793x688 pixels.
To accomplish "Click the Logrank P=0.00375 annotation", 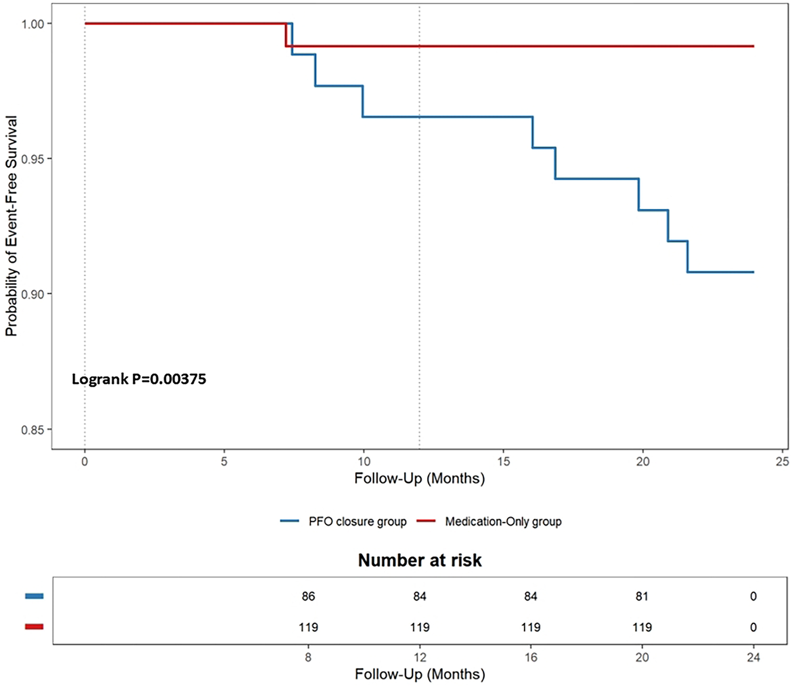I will tap(139, 379).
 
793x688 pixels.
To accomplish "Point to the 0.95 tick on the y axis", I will tap(32, 159).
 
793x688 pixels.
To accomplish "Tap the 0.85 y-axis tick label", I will tap(32, 429).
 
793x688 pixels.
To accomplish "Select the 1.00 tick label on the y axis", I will tap(32, 24).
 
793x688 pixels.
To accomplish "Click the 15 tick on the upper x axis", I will tap(503, 461).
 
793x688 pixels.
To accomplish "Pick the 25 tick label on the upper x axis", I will tap(782, 461).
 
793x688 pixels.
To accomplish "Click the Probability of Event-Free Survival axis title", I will tap(12, 226).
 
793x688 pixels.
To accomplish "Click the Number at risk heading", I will tap(420, 560).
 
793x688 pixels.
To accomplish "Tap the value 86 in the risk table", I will tap(308, 597).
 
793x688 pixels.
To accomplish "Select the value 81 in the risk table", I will tap(642, 597).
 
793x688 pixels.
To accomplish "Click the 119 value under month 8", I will tap(308, 627).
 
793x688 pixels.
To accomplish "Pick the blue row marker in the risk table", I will tap(35, 597).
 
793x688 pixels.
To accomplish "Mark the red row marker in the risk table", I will tap(35, 627).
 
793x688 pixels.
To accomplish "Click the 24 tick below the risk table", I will tap(753, 658).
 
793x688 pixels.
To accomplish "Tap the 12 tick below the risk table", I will tap(420, 658).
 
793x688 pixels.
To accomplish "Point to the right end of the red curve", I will tap(753, 46).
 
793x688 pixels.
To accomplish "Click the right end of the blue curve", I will tap(753, 272).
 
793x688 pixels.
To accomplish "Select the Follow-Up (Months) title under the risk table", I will tap(420, 674).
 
